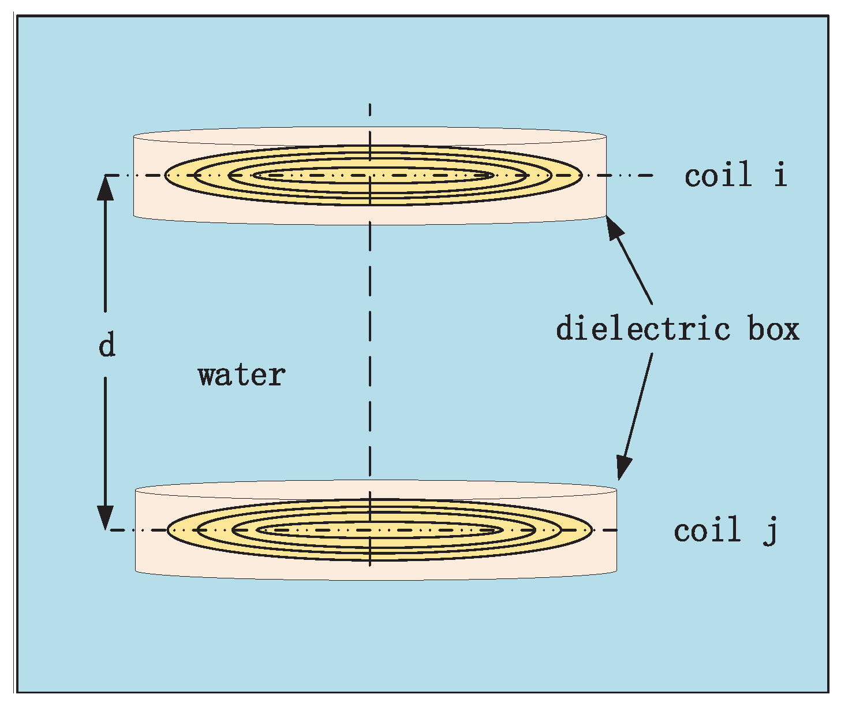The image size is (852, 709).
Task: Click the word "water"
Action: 241,376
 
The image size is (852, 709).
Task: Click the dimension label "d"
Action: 107,345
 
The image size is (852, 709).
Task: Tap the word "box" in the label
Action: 774,329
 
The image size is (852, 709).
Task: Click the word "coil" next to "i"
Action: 719,175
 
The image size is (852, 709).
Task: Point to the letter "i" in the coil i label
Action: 780,174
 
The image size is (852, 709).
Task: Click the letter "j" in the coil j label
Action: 771,531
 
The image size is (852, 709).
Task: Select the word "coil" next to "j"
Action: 708,530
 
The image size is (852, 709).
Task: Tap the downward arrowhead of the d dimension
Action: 105,517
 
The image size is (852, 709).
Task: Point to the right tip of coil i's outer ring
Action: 580,175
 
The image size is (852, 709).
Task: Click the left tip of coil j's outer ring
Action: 168,530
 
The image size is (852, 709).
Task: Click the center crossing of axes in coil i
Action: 370,175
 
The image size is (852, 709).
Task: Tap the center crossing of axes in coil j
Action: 370,530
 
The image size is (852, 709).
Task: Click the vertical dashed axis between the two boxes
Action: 370,347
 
